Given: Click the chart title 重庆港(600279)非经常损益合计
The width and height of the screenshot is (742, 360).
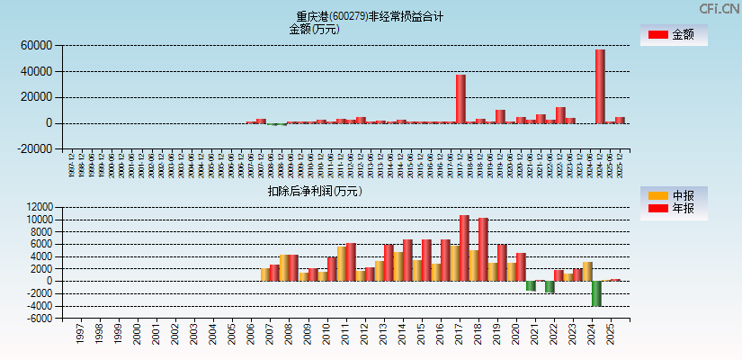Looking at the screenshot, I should click(370, 16).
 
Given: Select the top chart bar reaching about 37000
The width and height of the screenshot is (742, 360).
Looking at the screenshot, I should click(460, 99).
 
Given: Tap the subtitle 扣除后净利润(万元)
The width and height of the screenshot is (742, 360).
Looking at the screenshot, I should click(315, 191).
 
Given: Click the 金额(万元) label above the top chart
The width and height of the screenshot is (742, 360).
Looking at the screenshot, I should click(314, 29).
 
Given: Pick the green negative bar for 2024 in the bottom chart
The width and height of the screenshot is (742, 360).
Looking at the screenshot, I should click(596, 293).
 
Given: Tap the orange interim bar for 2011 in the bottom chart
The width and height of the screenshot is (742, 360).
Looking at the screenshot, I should click(342, 264).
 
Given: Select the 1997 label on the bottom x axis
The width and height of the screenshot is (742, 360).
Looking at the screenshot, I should click(80, 334).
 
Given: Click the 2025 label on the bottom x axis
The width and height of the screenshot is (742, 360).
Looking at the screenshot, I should click(611, 334).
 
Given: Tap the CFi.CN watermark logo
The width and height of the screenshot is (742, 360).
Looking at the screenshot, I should click(720, 8).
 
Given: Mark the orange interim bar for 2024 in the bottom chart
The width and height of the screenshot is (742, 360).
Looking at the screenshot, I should click(587, 271).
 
